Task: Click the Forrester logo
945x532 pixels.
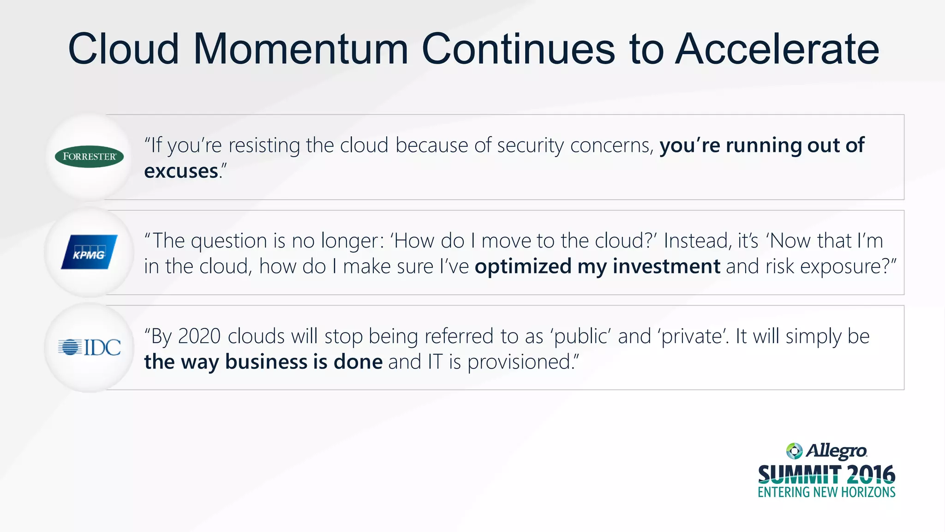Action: (89, 157)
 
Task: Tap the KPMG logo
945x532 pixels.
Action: (89, 252)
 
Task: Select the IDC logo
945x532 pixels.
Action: (90, 347)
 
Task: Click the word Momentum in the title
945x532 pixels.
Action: (300, 49)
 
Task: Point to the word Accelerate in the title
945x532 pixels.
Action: (777, 49)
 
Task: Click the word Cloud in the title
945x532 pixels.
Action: (123, 49)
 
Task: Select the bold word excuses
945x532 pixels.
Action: (181, 171)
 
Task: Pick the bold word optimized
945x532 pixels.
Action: (523, 267)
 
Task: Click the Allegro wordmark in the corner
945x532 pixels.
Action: (836, 451)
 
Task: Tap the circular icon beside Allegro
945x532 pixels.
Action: (794, 451)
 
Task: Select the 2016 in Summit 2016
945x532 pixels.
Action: (871, 474)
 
